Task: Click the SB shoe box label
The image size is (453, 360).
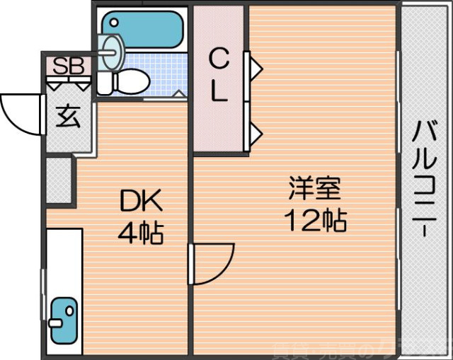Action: coord(69,66)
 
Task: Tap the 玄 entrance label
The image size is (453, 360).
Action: coord(68,115)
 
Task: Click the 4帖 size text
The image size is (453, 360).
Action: coord(141,232)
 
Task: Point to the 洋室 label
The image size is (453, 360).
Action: coord(315,190)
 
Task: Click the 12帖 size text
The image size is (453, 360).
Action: coord(315,221)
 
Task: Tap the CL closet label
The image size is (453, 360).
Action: coord(219,76)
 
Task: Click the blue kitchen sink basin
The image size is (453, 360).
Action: coord(64,318)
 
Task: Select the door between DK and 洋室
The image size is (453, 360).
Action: coord(211,264)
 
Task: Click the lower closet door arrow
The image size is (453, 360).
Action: coord(255,132)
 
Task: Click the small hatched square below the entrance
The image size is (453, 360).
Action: coord(59,180)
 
